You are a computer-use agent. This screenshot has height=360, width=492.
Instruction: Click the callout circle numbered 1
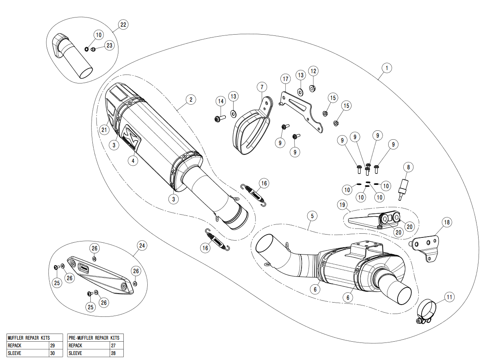pyautogui.click(x=387, y=68)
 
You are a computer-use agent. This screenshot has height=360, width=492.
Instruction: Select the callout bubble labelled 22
pyautogui.click(x=123, y=25)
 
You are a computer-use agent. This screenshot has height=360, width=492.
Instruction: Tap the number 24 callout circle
pyautogui.click(x=142, y=246)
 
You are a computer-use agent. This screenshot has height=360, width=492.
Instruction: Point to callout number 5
pyautogui.click(x=312, y=215)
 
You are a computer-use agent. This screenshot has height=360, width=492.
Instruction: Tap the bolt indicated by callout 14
pyautogui.click(x=220, y=118)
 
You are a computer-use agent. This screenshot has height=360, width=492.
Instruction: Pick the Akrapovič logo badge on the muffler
pyautogui.click(x=132, y=138)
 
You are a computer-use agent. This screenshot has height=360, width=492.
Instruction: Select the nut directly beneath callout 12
pyautogui.click(x=313, y=88)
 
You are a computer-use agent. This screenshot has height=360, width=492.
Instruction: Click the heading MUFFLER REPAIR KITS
pyautogui.click(x=28, y=338)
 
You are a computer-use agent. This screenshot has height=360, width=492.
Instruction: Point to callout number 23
pyautogui.click(x=109, y=46)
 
